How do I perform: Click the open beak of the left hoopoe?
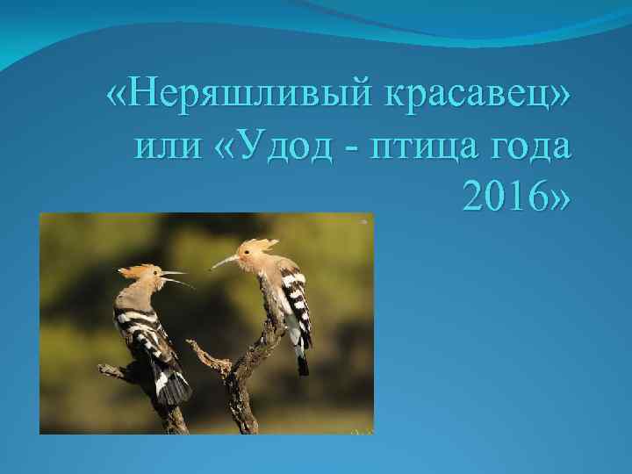coord(176,278)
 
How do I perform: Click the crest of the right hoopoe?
coord(260,244)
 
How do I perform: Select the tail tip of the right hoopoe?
coord(303,365)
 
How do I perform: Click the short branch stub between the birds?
coord(204,355)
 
